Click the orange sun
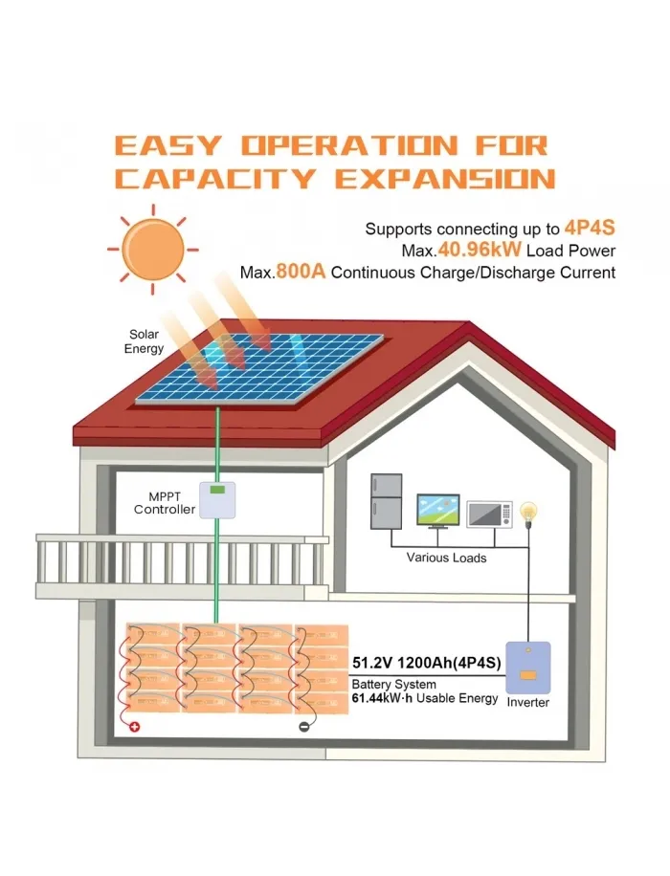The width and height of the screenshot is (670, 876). [x=153, y=250]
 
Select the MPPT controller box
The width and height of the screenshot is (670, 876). [x=217, y=500]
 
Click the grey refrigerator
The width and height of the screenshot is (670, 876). [x=386, y=501]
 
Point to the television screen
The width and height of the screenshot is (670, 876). [x=438, y=510]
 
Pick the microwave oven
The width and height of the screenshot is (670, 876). [x=489, y=514]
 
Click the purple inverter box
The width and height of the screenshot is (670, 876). [x=527, y=668]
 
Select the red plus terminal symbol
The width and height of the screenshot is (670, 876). [x=135, y=727]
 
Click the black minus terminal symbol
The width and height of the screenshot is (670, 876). [x=303, y=727]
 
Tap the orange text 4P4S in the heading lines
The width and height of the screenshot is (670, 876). [x=590, y=228]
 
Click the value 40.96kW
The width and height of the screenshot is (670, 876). [x=480, y=250]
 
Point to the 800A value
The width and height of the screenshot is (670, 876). [x=301, y=272]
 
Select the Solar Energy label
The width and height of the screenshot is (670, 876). [x=144, y=341]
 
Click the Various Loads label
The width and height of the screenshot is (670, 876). [x=446, y=558]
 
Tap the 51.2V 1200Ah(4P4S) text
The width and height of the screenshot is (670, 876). [x=427, y=663]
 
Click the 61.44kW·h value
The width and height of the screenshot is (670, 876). [x=383, y=698]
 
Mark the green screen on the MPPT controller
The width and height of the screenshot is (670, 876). [x=217, y=490]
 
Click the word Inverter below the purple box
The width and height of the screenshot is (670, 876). [x=528, y=703]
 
